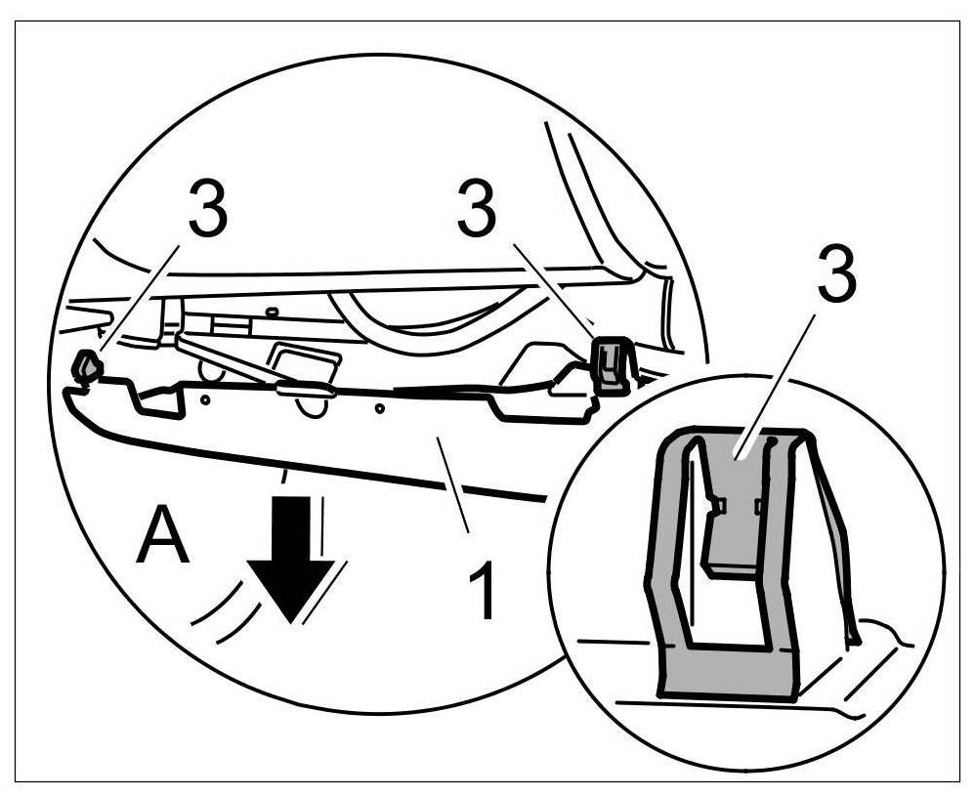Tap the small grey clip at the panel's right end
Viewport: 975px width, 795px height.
[613, 364]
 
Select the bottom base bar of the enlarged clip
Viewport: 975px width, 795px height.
[728, 674]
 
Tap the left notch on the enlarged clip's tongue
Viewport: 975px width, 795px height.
[717, 504]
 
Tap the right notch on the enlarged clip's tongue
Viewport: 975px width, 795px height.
[759, 505]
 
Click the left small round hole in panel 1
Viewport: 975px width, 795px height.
[206, 398]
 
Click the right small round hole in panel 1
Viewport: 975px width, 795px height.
[379, 407]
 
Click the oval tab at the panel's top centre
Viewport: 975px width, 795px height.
[305, 390]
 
